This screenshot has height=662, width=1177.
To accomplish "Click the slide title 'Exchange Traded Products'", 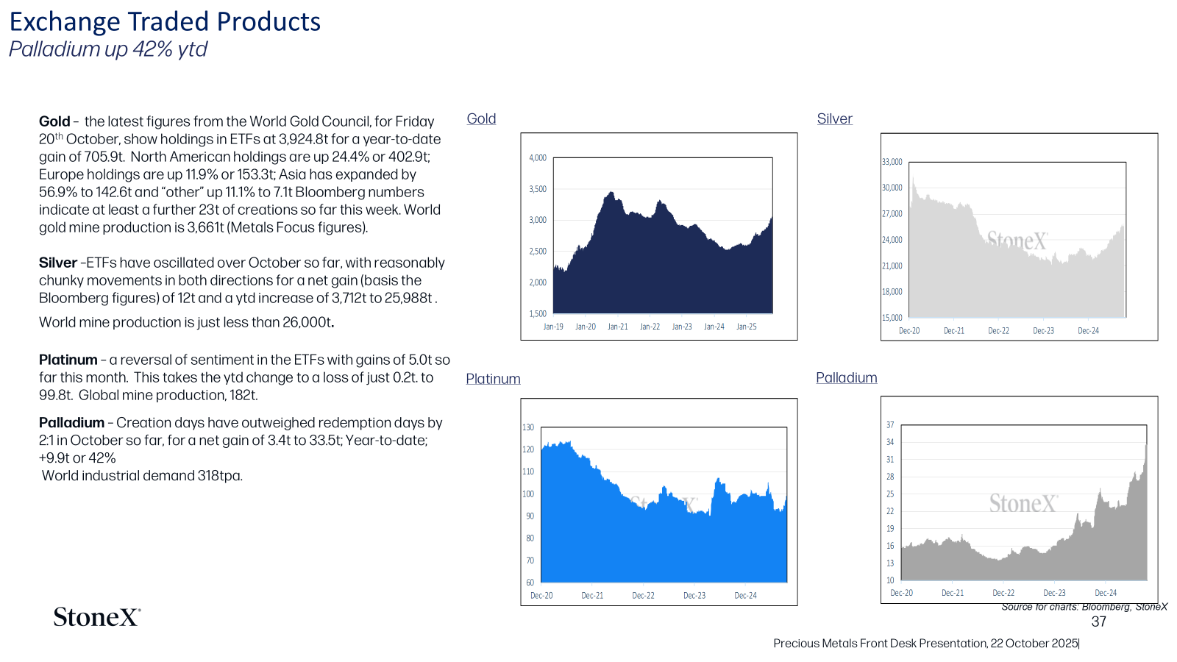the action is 165,22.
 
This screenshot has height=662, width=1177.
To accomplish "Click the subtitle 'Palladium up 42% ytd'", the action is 107,49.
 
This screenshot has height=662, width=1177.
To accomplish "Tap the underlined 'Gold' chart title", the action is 481,118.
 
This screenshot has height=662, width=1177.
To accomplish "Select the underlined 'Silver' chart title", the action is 834,118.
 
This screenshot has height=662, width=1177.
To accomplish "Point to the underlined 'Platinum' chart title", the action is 493,379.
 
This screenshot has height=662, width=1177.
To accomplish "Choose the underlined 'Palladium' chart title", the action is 847,378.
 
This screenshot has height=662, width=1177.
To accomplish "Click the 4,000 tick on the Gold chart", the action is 538,157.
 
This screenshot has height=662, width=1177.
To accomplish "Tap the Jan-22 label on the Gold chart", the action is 650,327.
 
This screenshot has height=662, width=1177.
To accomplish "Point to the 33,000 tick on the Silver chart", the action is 892,162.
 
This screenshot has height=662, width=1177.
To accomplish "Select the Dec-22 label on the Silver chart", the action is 999,331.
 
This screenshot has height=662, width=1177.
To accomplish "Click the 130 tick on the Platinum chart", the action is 528,427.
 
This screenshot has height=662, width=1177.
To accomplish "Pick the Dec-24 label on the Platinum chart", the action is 746,596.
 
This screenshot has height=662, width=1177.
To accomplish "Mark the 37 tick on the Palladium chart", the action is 890,424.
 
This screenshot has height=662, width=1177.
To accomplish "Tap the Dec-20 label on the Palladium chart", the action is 902,593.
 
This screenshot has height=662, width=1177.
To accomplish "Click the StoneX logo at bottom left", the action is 97,617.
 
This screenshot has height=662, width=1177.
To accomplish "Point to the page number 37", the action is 1099,622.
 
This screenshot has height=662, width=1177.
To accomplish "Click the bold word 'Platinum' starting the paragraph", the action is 68,360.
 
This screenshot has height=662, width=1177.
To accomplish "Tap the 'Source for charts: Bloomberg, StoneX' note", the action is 1084,608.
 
